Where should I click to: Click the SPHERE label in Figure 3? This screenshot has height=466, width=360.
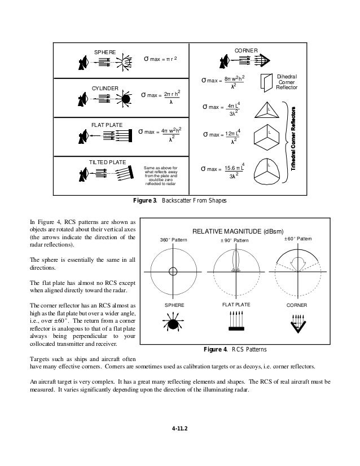pos(104,52)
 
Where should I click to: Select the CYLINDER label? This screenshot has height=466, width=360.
pos(105,89)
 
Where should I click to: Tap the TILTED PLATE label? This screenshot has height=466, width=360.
pos(108,162)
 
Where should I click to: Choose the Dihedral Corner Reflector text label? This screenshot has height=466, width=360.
pos(287,82)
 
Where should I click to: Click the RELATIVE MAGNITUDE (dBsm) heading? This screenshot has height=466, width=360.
pos(238,231)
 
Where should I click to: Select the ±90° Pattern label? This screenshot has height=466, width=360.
pos(233,241)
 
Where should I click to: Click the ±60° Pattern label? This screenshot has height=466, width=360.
pos(297,240)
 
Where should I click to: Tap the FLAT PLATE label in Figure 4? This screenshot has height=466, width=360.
pos(233,304)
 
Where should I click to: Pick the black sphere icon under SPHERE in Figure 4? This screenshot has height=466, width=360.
pos(173,326)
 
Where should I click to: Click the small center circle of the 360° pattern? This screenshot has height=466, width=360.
pos(173,271)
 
